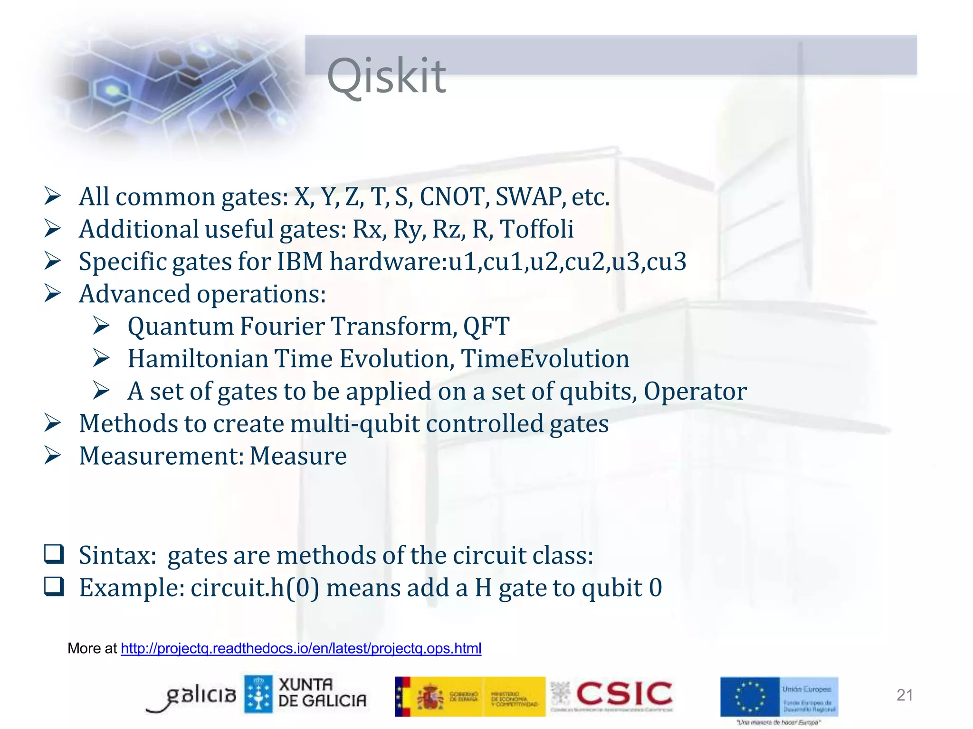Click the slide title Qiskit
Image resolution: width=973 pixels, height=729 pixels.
[x=386, y=76]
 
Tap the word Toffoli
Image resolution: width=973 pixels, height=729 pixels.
[x=537, y=229]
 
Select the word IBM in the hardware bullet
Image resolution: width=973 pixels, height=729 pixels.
[x=300, y=262]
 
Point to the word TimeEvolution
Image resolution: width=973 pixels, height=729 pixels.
[x=545, y=359]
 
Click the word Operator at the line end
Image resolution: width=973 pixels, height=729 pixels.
[x=695, y=391]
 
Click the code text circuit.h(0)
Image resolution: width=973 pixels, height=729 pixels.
[x=255, y=588]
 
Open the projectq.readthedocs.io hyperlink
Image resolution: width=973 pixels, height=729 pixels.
[x=301, y=648]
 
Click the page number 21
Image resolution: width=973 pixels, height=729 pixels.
[x=905, y=695]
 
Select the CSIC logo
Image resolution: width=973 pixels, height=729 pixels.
[x=623, y=694]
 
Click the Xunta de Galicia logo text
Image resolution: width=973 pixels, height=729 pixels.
[x=322, y=693]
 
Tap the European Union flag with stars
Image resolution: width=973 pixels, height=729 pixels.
[x=750, y=697]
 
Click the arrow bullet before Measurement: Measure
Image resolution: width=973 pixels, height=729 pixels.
[x=52, y=455]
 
